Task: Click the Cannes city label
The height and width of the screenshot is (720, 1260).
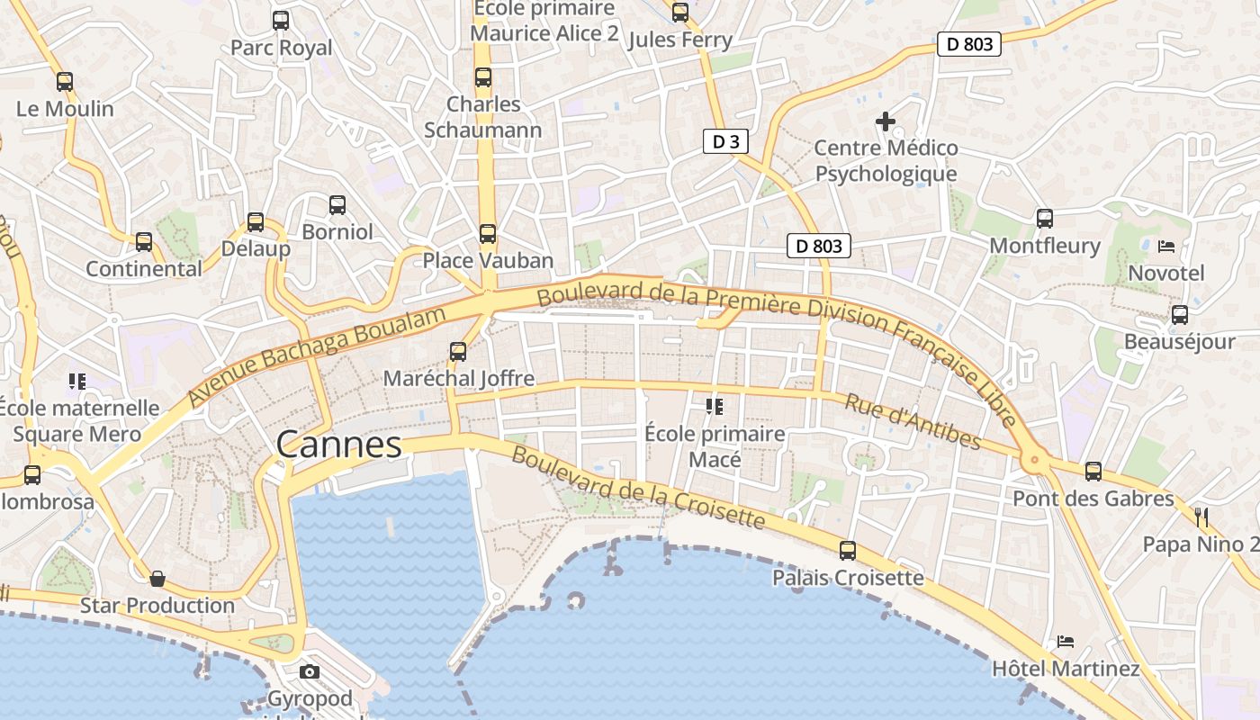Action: coord(338,445)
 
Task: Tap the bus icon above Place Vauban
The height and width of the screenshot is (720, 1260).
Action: coord(488,234)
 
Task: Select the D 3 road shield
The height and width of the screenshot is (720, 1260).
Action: coord(725,141)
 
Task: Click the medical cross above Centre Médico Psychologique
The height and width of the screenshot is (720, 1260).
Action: coord(886,121)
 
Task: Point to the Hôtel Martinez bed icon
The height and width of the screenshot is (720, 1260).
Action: coord(1066,642)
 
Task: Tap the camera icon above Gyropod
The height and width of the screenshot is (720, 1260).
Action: coord(309,672)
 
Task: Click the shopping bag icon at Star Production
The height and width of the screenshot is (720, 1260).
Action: coord(157,578)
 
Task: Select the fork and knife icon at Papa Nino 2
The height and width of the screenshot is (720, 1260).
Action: coord(1201,517)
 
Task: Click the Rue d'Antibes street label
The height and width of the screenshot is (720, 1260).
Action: coord(913,421)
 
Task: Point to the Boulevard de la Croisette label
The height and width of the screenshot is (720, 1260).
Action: coord(638,487)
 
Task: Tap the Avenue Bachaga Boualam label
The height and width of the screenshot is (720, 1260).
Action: coord(318,356)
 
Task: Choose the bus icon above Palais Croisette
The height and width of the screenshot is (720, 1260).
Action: coord(848,551)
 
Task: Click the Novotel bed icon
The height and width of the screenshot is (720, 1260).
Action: coord(1166,246)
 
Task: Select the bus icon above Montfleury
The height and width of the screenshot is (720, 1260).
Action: coord(1045,218)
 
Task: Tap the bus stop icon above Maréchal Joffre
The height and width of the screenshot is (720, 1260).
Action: coord(458,351)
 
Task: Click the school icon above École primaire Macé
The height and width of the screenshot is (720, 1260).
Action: coord(715,407)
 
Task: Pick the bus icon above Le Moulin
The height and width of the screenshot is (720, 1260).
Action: coord(65,81)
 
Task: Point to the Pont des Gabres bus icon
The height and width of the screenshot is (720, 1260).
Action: coord(1093,471)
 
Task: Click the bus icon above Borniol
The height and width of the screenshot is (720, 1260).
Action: coord(337,205)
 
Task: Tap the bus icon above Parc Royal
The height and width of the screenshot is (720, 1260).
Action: coord(281,20)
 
